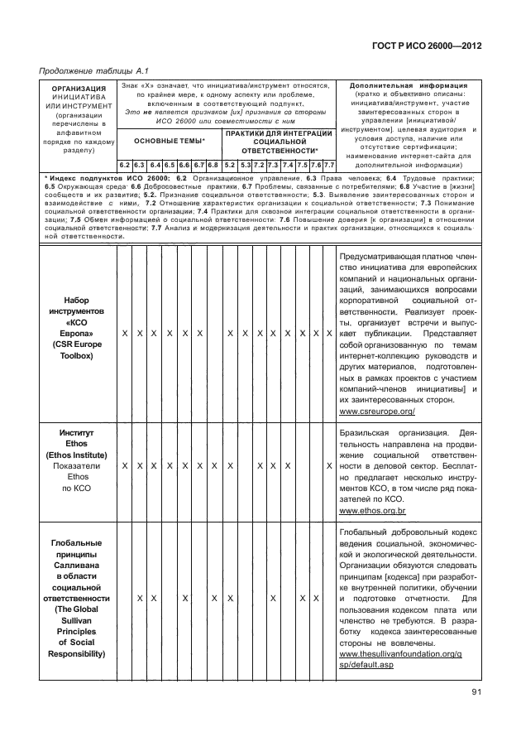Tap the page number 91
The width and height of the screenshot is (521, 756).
pyautogui.click(x=477, y=692)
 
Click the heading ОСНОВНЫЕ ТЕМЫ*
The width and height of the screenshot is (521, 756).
pyautogui.click(x=170, y=142)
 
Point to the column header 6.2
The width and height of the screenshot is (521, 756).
pyautogui.click(x=124, y=165)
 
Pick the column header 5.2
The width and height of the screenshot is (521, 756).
pyautogui.click(x=229, y=165)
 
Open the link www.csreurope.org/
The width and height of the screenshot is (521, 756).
pyautogui.click(x=377, y=411)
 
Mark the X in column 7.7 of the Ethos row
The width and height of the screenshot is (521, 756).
pyautogui.click(x=329, y=466)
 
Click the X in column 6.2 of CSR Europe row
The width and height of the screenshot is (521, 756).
pyautogui.click(x=124, y=333)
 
